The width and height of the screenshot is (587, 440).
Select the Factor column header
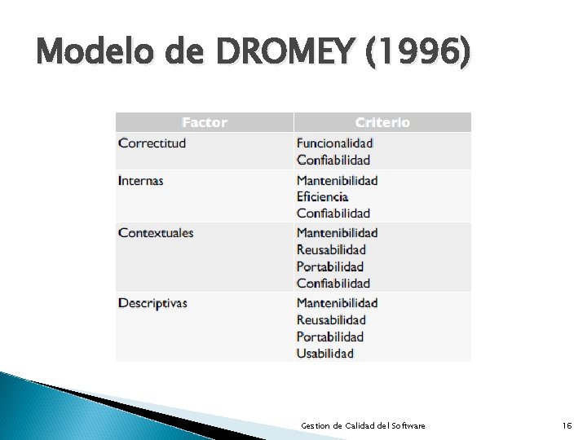pos(204,122)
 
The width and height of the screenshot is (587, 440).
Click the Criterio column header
pos(382,122)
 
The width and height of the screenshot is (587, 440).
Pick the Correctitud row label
pos(152,143)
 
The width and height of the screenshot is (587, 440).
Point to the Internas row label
pos(141,180)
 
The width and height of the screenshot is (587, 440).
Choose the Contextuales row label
pos(156,233)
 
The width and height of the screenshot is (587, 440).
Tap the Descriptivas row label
pos(152,303)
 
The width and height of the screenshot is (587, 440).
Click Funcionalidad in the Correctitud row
pos(334,143)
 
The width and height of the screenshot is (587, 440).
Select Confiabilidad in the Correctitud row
pos(333,160)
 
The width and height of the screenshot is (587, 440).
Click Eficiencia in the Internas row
pos(322,196)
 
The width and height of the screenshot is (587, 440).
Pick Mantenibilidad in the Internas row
pos(338,180)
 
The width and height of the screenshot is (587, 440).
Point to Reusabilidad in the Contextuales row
pos(331,249)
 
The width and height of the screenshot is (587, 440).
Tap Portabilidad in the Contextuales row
pos(330,266)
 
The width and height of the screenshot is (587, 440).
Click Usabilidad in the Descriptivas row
pos(325,353)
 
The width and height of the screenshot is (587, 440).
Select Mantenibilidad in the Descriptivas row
pos(338,303)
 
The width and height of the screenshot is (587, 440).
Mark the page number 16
pos(567,425)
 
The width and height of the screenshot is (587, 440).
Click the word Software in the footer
pos(408,425)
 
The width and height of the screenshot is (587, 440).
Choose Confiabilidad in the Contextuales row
pos(333,284)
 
